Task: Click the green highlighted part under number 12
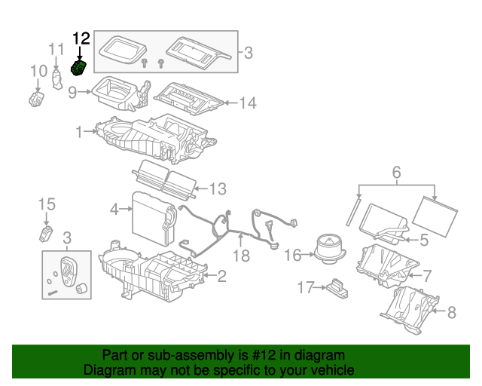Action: pyautogui.click(x=78, y=68)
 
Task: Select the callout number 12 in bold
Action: pyautogui.click(x=81, y=38)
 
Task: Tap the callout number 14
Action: pyautogui.click(x=248, y=103)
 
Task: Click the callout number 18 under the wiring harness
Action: pyautogui.click(x=241, y=256)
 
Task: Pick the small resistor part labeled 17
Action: pyautogui.click(x=337, y=289)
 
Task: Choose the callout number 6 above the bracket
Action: pyautogui.click(x=397, y=173)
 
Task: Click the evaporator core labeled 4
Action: pyautogui.click(x=154, y=219)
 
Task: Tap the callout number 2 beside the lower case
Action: pyautogui.click(x=221, y=276)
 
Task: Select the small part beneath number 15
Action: pyautogui.click(x=46, y=234)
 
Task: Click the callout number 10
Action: pyautogui.click(x=38, y=71)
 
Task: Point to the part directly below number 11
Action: pyautogui.click(x=56, y=79)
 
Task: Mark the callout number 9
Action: pyautogui.click(x=72, y=92)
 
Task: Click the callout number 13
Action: pyautogui.click(x=218, y=189)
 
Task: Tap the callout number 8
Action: pyautogui.click(x=451, y=312)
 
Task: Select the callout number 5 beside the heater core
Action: pyautogui.click(x=424, y=240)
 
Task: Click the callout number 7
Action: pyautogui.click(x=427, y=276)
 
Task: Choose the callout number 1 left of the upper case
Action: pyautogui.click(x=79, y=132)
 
